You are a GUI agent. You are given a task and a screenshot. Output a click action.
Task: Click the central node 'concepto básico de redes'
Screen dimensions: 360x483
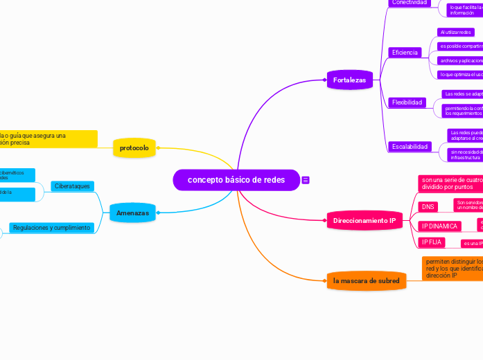(236, 180)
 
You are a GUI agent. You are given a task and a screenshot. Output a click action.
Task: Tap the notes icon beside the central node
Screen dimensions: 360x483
(306, 180)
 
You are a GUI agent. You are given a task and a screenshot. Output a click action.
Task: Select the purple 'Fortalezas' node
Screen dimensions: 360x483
(349, 80)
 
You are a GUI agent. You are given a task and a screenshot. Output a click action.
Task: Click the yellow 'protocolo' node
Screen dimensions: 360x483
(134, 147)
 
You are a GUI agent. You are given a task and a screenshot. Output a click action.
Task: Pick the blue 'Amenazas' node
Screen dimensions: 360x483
(132, 213)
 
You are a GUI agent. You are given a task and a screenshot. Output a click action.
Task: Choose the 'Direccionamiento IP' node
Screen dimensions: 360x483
(364, 221)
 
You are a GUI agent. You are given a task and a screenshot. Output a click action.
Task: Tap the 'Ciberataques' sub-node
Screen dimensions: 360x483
(72, 186)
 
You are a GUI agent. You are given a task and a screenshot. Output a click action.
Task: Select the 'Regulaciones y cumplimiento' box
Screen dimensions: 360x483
(51, 228)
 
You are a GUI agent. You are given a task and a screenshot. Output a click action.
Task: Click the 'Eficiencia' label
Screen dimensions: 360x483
(405, 53)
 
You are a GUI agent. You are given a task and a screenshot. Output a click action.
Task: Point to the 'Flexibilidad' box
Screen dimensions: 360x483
(407, 102)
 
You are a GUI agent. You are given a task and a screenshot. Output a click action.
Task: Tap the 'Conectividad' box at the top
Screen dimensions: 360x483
(409, 3)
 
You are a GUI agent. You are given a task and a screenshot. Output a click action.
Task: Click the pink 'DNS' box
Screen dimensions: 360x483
(428, 206)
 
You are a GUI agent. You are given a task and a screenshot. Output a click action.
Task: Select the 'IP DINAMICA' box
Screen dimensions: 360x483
(439, 226)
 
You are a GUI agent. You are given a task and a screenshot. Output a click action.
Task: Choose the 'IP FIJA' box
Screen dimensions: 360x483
(431, 242)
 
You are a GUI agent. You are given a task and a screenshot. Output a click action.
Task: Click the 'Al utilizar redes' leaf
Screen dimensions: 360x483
(455, 32)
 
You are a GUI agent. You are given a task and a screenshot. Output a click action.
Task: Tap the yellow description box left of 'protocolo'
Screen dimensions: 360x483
(48, 138)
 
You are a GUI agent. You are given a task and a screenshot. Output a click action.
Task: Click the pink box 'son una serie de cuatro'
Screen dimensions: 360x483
(450, 183)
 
